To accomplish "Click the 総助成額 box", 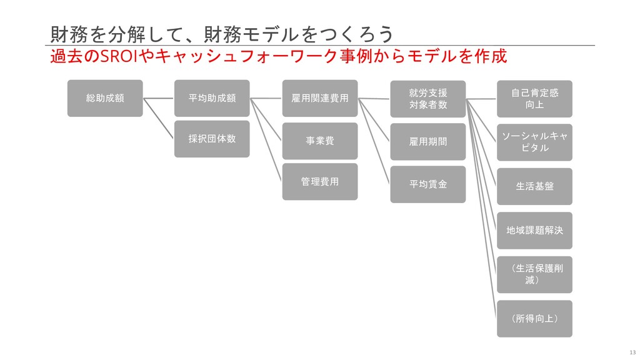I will point(105,98).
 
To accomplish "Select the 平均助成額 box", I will point(212,98).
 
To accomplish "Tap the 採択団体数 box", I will point(212,139).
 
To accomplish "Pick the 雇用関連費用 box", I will point(320,98).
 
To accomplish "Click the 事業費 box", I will point(320,141).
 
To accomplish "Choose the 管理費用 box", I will point(320,181).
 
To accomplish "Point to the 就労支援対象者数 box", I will point(428,99).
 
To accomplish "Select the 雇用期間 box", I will point(428,142).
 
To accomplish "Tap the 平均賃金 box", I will point(428,184).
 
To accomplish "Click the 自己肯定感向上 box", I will point(534,99).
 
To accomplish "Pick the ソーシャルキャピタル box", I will point(534,142).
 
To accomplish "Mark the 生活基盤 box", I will point(534,186).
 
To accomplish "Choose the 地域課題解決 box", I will point(534,231).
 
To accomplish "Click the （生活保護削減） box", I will point(534,274).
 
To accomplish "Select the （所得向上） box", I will point(534,319).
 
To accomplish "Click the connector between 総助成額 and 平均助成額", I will point(158,98).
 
